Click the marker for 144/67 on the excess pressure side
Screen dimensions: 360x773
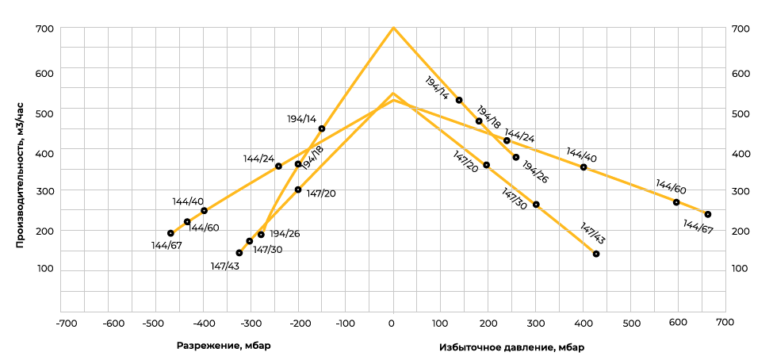pos(707,214)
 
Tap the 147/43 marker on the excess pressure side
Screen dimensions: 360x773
pos(595,254)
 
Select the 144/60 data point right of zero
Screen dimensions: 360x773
pos(676,202)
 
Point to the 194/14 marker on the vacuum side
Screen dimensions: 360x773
pos(321,128)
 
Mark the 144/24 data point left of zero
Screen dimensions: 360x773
pos(278,167)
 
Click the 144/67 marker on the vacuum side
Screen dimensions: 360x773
pos(170,233)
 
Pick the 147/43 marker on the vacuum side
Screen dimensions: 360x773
pos(239,253)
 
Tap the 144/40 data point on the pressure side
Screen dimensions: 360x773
pos(584,167)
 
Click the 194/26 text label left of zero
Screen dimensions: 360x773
pos(285,234)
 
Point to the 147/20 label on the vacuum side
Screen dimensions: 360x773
pos(321,193)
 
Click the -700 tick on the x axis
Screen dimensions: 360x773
pos(66,324)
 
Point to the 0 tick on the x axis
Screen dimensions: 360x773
pos(392,324)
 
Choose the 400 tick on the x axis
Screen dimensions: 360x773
pos(583,324)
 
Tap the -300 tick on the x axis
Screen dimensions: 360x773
pos(251,324)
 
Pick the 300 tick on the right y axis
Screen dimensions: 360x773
pos(740,191)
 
